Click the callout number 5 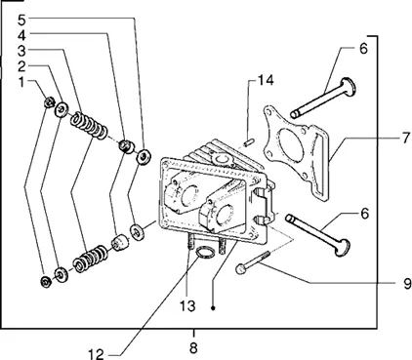coord(21,20)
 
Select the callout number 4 coord(21,35)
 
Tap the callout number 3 coord(21,51)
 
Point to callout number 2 coord(21,66)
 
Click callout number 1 coord(21,82)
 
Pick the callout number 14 coord(267,80)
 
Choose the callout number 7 coord(405,139)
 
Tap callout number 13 coord(187,306)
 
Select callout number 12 coord(97,354)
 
